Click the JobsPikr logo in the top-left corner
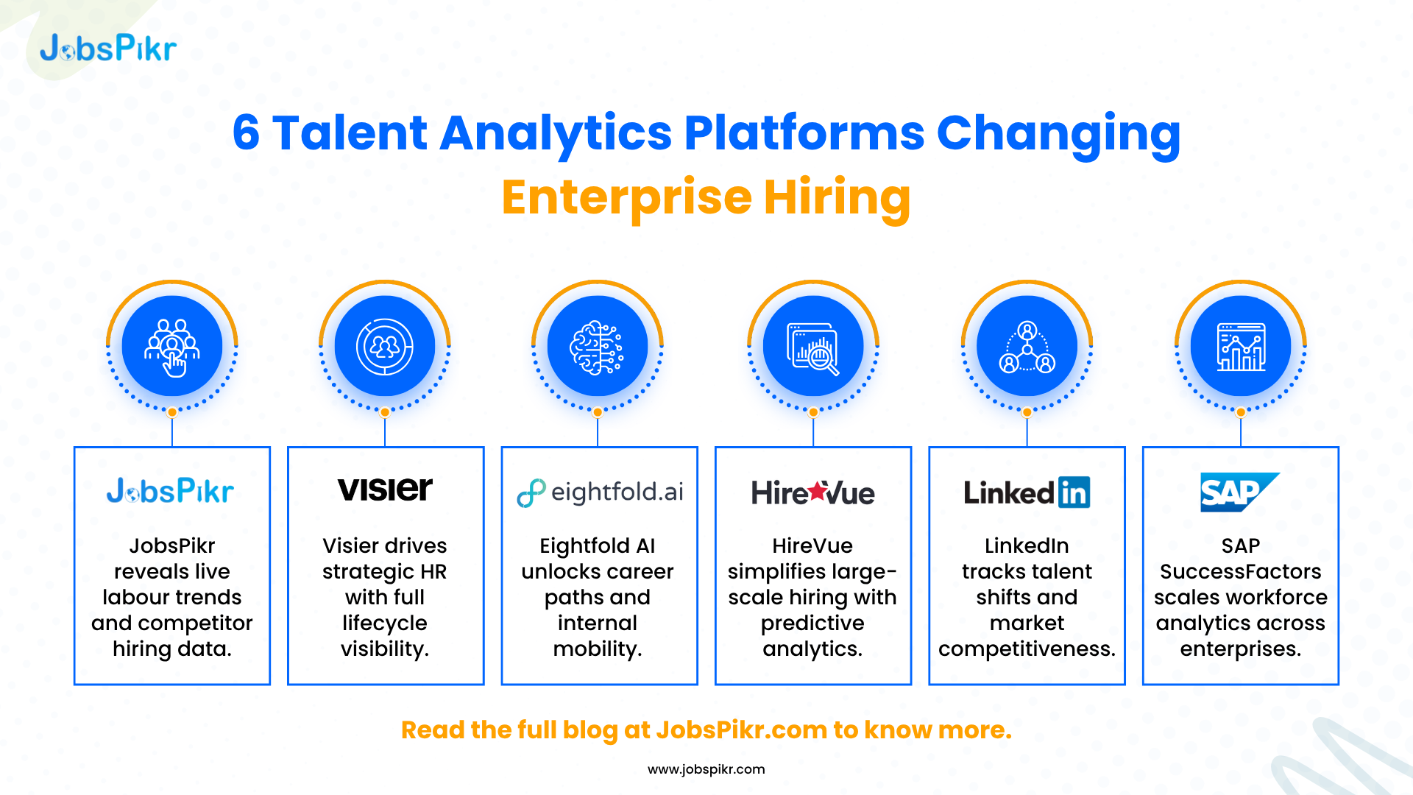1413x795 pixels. click(108, 48)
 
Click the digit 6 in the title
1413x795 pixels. click(246, 133)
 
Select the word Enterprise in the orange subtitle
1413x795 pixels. click(626, 198)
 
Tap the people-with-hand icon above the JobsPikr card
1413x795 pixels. click(172, 347)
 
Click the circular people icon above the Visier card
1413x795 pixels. click(385, 347)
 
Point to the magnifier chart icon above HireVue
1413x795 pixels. click(812, 348)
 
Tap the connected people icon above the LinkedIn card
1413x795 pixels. click(1027, 347)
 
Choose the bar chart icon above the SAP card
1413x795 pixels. click(1241, 347)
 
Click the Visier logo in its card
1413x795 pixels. click(385, 490)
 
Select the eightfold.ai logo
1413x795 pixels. click(600, 492)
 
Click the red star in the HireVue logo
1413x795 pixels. click(817, 490)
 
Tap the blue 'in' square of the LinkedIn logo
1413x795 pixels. click(1074, 492)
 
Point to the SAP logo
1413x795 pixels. click(1240, 492)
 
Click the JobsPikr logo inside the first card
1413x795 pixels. click(170, 491)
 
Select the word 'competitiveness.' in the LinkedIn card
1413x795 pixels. click(1027, 649)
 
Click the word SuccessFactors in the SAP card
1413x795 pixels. click(1241, 572)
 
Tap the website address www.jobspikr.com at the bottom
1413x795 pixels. click(706, 769)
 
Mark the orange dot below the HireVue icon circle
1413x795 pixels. click(813, 412)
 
